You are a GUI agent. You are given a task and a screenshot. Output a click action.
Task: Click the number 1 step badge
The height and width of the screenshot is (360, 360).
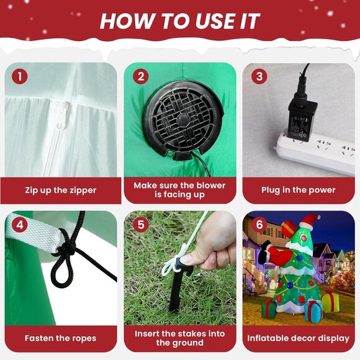[x=20, y=76]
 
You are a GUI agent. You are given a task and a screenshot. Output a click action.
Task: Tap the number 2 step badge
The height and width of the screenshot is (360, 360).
[x=141, y=76]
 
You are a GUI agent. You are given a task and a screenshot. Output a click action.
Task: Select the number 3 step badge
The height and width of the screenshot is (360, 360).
[x=259, y=76]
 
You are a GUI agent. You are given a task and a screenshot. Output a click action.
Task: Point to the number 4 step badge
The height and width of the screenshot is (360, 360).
[x=20, y=224]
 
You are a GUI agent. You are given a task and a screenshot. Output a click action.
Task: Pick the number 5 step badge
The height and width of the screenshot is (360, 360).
[x=141, y=224]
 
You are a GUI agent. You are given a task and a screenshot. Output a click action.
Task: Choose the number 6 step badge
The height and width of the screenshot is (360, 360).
[x=259, y=224]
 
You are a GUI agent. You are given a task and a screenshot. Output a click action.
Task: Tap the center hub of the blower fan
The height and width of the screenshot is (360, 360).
[x=183, y=120]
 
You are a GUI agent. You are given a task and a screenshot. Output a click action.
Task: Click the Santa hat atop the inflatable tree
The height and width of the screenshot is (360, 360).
[x=310, y=222]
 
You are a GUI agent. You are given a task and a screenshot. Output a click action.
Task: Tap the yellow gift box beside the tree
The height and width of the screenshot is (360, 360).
[x=330, y=301]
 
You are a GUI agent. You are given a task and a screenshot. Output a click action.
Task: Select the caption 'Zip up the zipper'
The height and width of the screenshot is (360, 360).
[x=61, y=191]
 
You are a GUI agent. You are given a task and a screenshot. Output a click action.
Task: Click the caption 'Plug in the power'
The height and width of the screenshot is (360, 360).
[x=298, y=190]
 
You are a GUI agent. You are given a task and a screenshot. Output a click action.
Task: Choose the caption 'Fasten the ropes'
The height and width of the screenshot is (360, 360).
[x=60, y=338]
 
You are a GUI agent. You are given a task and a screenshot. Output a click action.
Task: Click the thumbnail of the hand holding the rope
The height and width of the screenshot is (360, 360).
[x=180, y=268]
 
